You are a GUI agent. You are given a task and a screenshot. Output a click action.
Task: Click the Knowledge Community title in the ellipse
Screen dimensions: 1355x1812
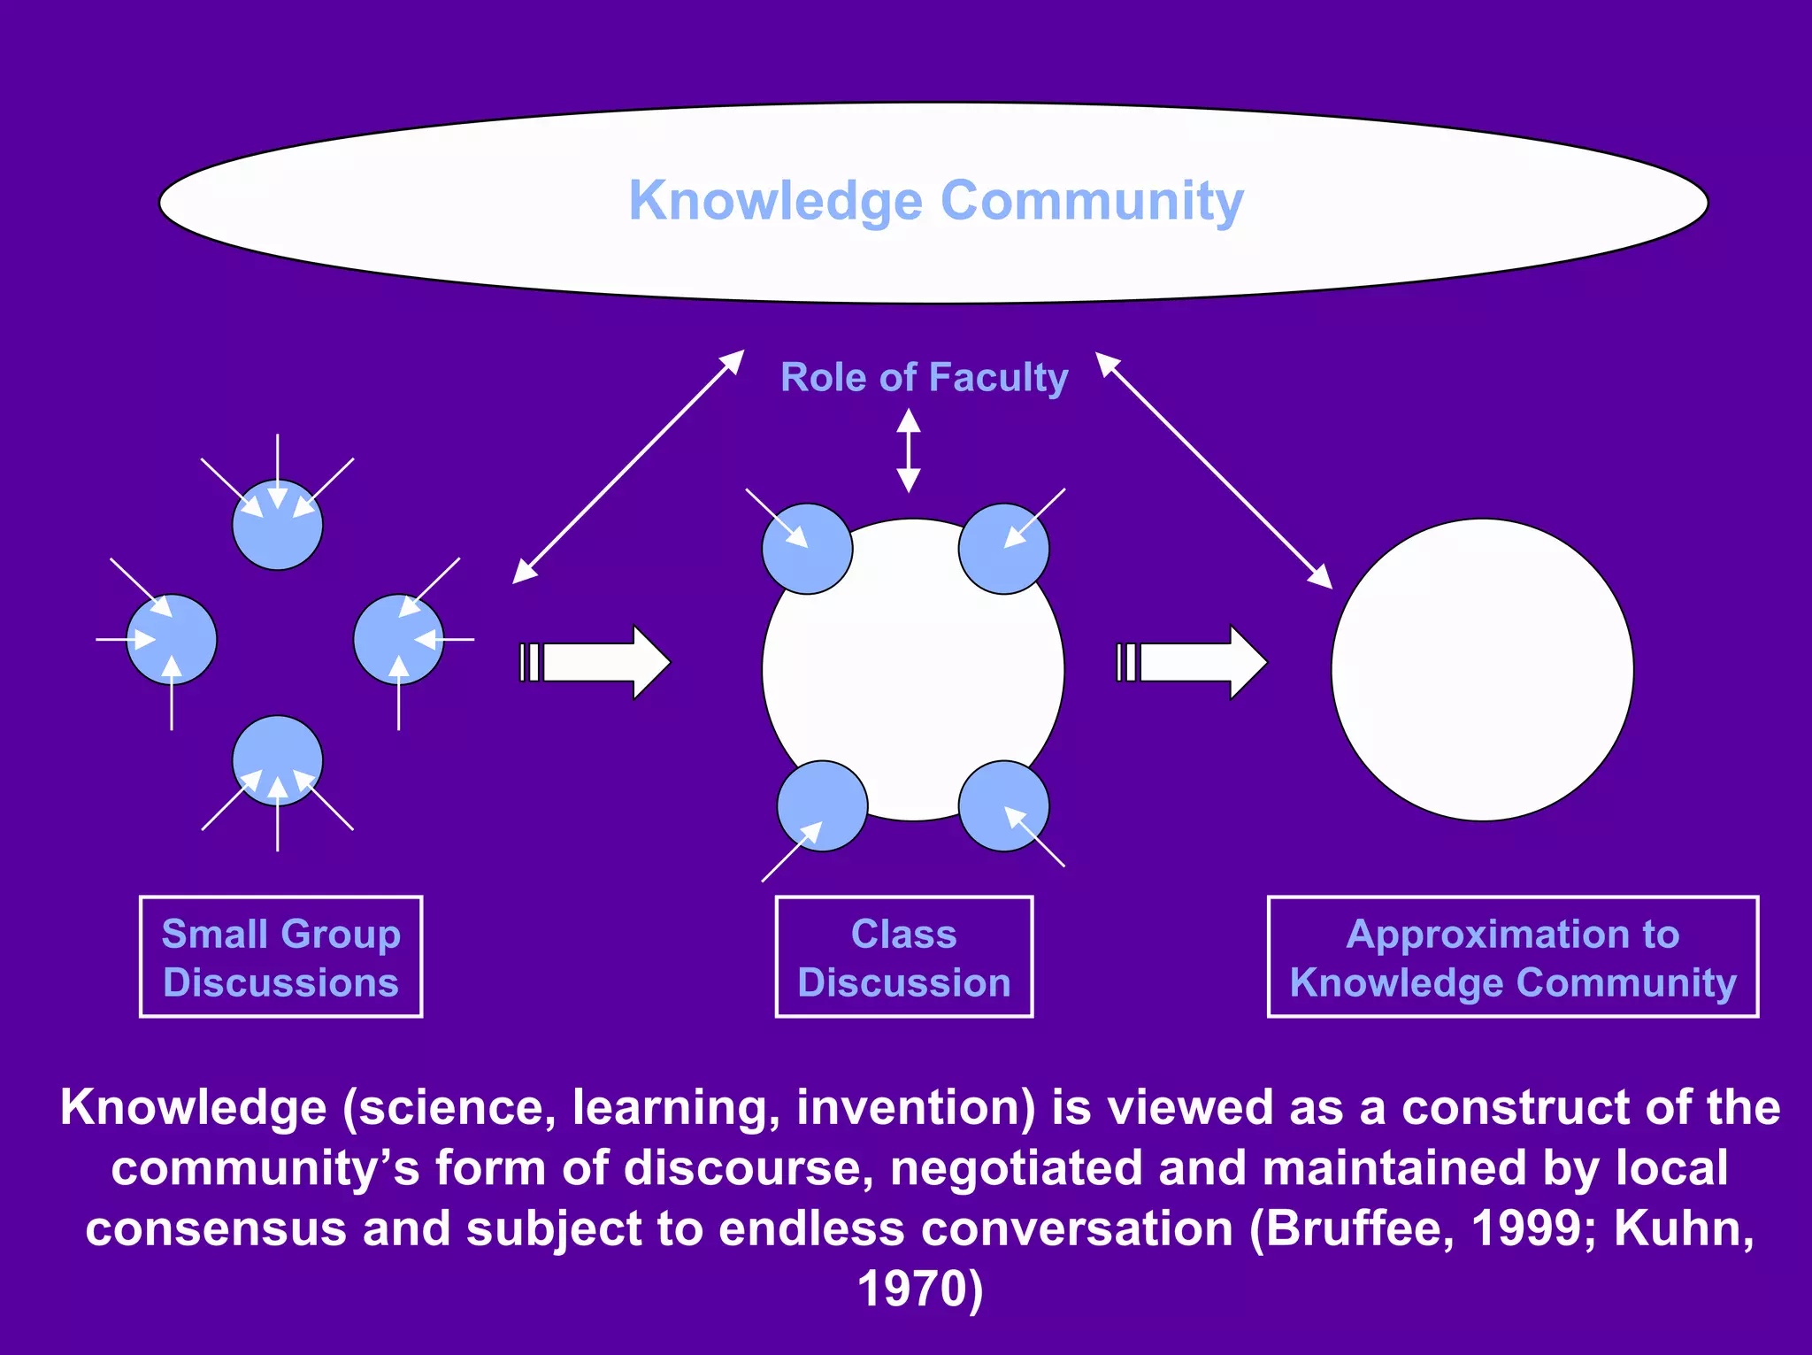(x=935, y=201)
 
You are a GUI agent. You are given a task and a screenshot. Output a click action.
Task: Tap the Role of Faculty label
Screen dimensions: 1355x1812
(x=924, y=378)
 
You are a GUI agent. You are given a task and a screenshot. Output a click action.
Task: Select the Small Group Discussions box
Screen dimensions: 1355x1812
(x=280, y=958)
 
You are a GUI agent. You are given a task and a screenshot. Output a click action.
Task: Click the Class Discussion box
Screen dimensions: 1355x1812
(x=903, y=958)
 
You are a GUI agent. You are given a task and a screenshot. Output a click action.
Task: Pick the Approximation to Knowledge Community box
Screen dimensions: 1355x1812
(x=1512, y=958)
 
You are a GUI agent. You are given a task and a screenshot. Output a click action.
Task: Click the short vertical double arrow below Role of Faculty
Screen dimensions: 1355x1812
(x=909, y=450)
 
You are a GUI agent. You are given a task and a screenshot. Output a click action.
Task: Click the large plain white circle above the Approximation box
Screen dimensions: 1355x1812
(x=1482, y=670)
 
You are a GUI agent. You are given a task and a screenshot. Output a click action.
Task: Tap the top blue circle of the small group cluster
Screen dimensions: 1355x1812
(x=278, y=526)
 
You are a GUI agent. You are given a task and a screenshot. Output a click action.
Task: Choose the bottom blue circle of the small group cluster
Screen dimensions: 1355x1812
(x=278, y=760)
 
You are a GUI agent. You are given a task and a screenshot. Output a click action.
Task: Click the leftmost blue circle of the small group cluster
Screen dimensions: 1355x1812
(x=172, y=639)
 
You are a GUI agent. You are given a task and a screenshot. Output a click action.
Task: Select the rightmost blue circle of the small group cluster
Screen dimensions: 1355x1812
(x=398, y=639)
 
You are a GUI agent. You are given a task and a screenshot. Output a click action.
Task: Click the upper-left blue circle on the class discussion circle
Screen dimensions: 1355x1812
(x=807, y=549)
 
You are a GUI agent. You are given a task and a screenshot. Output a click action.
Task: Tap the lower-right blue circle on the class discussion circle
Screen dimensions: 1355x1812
(x=1003, y=806)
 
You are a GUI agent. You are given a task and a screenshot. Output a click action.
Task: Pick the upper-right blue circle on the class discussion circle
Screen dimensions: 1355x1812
(x=1003, y=549)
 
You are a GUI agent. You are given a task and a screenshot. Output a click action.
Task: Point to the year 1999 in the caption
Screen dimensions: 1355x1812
(x=1527, y=1228)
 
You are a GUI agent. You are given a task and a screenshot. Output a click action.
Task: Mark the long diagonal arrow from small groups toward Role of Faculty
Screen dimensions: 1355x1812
(x=628, y=466)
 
